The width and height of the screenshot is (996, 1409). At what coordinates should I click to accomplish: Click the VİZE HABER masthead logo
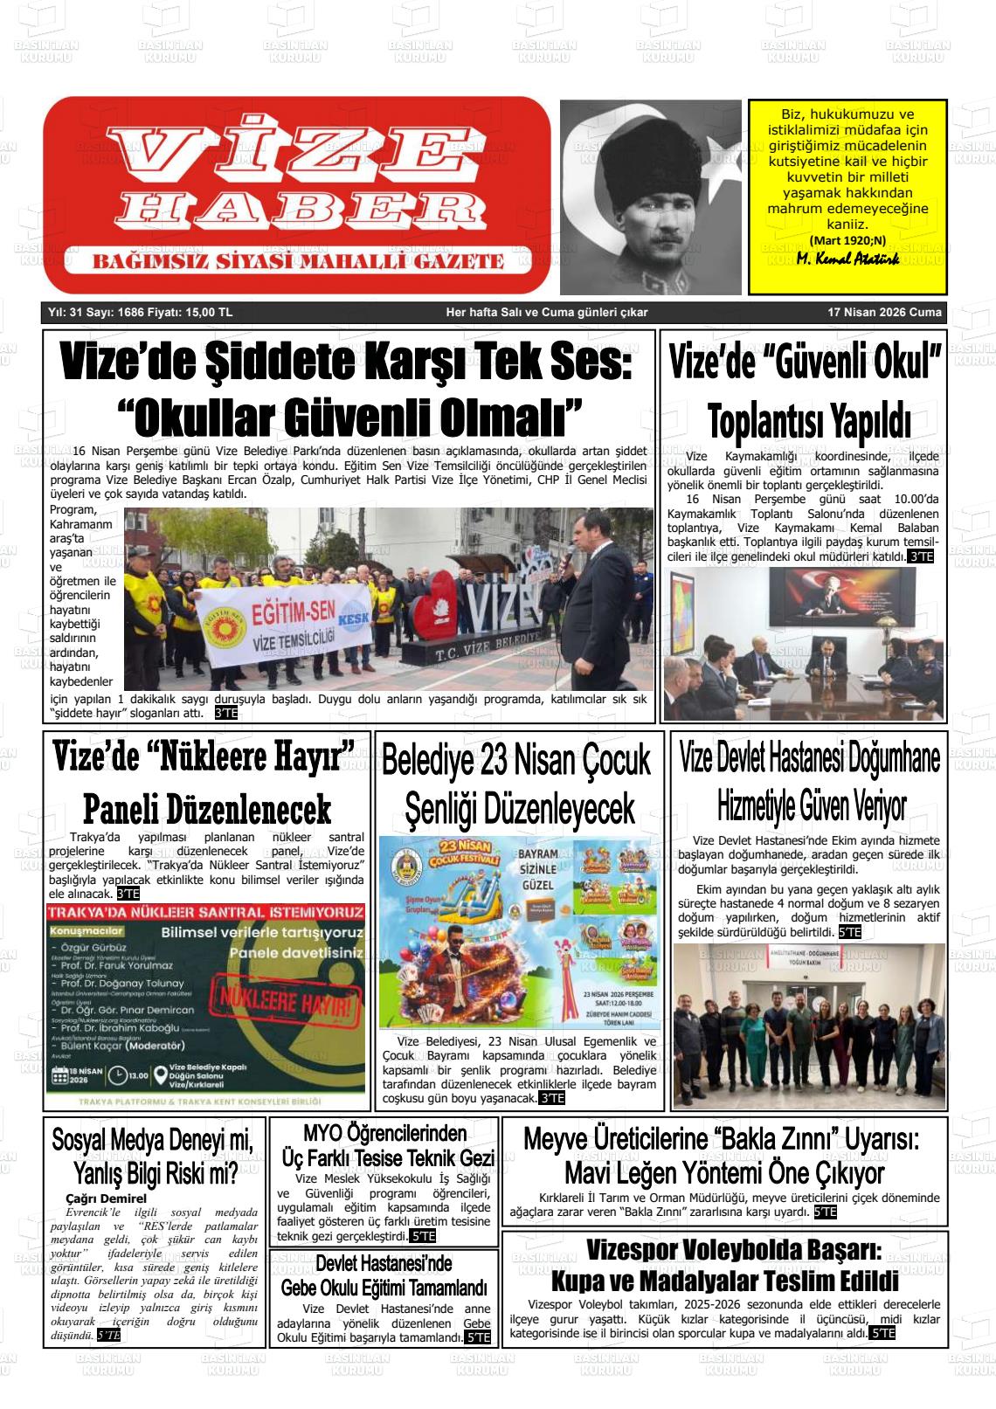(x=297, y=194)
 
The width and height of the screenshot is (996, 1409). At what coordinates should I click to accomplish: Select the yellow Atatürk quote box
(x=847, y=196)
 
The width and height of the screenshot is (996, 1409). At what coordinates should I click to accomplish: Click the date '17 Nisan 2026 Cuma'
(x=884, y=313)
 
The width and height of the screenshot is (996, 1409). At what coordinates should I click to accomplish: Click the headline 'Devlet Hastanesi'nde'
(x=384, y=1263)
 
